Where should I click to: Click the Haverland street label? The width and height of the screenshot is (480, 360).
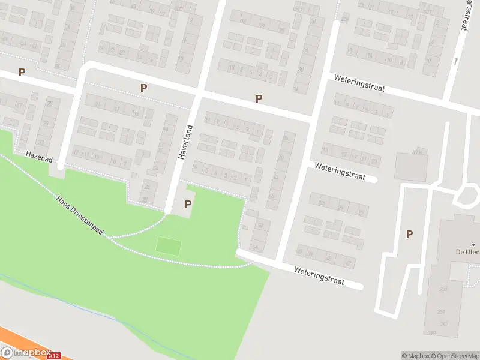coord(186,142)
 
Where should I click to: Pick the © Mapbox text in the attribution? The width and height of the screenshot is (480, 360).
coord(416,356)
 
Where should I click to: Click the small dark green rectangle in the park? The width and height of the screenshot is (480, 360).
coord(169,245)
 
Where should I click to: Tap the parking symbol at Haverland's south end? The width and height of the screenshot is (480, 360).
coord(188,204)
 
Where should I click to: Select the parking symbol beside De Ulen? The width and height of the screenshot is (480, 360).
coord(409,235)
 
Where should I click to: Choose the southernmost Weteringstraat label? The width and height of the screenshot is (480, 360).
coord(319,276)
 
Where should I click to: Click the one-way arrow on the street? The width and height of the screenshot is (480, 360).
coord(455,61)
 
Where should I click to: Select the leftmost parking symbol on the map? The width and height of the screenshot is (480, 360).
coord(22,72)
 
